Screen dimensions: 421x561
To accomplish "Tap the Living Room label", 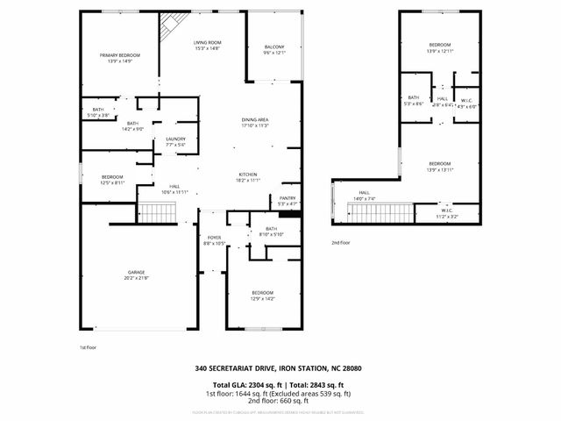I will [207, 45].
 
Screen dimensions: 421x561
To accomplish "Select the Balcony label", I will [274, 49].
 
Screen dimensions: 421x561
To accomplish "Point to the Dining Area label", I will [255, 122].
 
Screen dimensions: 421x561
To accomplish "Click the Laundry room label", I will [175, 141].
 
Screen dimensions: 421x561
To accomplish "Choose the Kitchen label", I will [248, 176].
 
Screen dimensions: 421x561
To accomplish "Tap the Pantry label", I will [288, 201].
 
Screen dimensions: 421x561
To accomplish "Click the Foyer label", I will [213, 239].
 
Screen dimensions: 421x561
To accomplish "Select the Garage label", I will [136, 275].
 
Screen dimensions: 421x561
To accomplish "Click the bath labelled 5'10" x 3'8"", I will [98, 112].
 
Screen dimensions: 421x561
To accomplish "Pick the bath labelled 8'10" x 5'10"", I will [272, 232].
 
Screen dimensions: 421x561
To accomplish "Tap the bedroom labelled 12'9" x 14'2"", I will [262, 296].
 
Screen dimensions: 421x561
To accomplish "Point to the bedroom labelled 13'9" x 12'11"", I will [439, 47].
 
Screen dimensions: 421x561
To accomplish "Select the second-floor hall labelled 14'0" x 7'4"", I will [363, 196].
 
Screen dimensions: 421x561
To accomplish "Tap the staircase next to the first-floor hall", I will [153, 211].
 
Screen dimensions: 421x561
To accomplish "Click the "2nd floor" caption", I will [341, 242].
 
